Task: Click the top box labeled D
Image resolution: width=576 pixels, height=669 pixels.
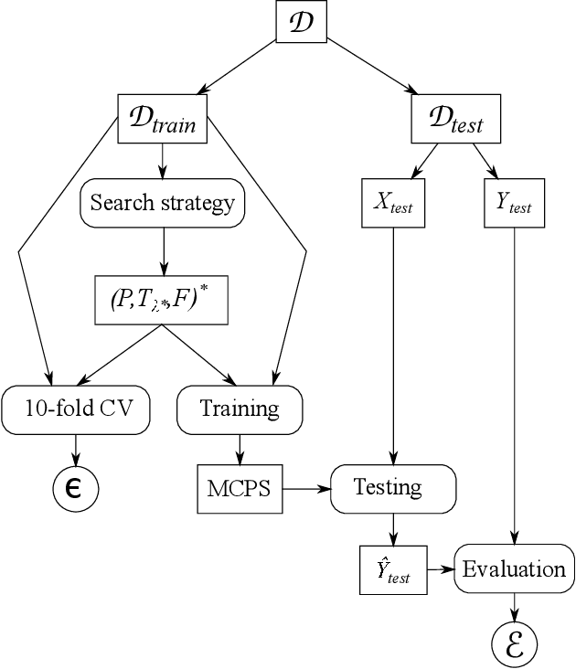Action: pos(302,21)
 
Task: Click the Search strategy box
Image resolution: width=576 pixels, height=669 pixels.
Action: pos(163,203)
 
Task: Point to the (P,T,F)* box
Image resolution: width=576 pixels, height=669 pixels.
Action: pos(162,300)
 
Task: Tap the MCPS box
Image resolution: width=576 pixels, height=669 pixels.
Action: pos(240,488)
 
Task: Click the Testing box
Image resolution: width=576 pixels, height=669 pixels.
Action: pos(392,488)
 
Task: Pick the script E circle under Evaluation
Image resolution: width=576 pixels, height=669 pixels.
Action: pos(514,644)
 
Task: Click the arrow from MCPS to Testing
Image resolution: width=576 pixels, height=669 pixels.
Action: pos(306,488)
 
